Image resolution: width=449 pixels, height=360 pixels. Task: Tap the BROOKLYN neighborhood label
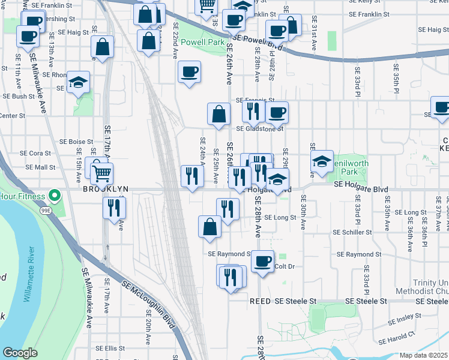pos(106,189)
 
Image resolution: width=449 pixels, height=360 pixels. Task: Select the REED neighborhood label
pos(261,301)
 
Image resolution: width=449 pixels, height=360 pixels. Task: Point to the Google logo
pos(20,353)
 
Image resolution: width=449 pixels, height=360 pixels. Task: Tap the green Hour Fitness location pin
pos(54,196)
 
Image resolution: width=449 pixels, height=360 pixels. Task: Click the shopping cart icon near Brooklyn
pos(103,173)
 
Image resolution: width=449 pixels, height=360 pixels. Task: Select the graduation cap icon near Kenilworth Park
pos(322,161)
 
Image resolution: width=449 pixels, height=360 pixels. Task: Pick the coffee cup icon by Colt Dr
pos(262,261)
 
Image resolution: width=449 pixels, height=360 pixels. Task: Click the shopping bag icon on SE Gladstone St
pos(219,113)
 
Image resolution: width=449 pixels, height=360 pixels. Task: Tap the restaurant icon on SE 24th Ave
pos(192,176)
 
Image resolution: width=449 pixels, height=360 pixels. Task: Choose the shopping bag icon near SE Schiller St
pos(209,226)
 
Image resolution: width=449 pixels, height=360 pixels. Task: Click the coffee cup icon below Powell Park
pos(190,73)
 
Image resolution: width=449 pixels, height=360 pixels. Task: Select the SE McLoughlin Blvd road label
pos(150,305)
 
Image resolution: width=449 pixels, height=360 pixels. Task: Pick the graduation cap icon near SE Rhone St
pos(78,82)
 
